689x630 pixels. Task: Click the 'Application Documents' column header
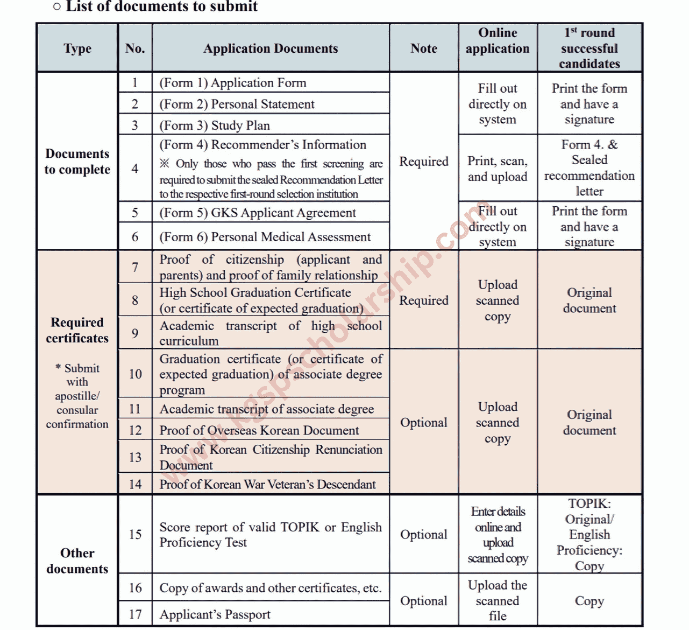point(271,48)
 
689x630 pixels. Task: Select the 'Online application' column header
point(498,41)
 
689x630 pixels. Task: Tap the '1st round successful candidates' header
point(589,48)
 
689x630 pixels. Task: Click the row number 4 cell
point(135,169)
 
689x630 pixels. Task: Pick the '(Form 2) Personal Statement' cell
point(237,104)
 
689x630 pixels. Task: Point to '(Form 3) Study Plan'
point(215,125)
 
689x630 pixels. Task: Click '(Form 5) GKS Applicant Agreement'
point(258,213)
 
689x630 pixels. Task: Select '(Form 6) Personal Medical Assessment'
point(265,237)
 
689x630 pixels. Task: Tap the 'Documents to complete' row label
point(77,162)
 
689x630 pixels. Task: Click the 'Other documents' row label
point(77,561)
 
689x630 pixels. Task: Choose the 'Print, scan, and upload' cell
point(498,169)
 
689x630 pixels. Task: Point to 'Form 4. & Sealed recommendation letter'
point(589,168)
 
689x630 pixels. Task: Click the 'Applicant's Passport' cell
point(215,614)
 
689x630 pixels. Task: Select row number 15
point(135,534)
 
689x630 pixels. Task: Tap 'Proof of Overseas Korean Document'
point(259,430)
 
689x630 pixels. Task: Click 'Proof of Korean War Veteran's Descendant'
point(267,484)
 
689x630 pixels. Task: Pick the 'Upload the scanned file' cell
point(498,600)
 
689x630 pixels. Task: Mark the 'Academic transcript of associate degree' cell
point(267,409)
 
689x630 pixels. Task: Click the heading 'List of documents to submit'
point(161,7)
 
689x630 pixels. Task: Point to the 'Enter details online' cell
point(498,535)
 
